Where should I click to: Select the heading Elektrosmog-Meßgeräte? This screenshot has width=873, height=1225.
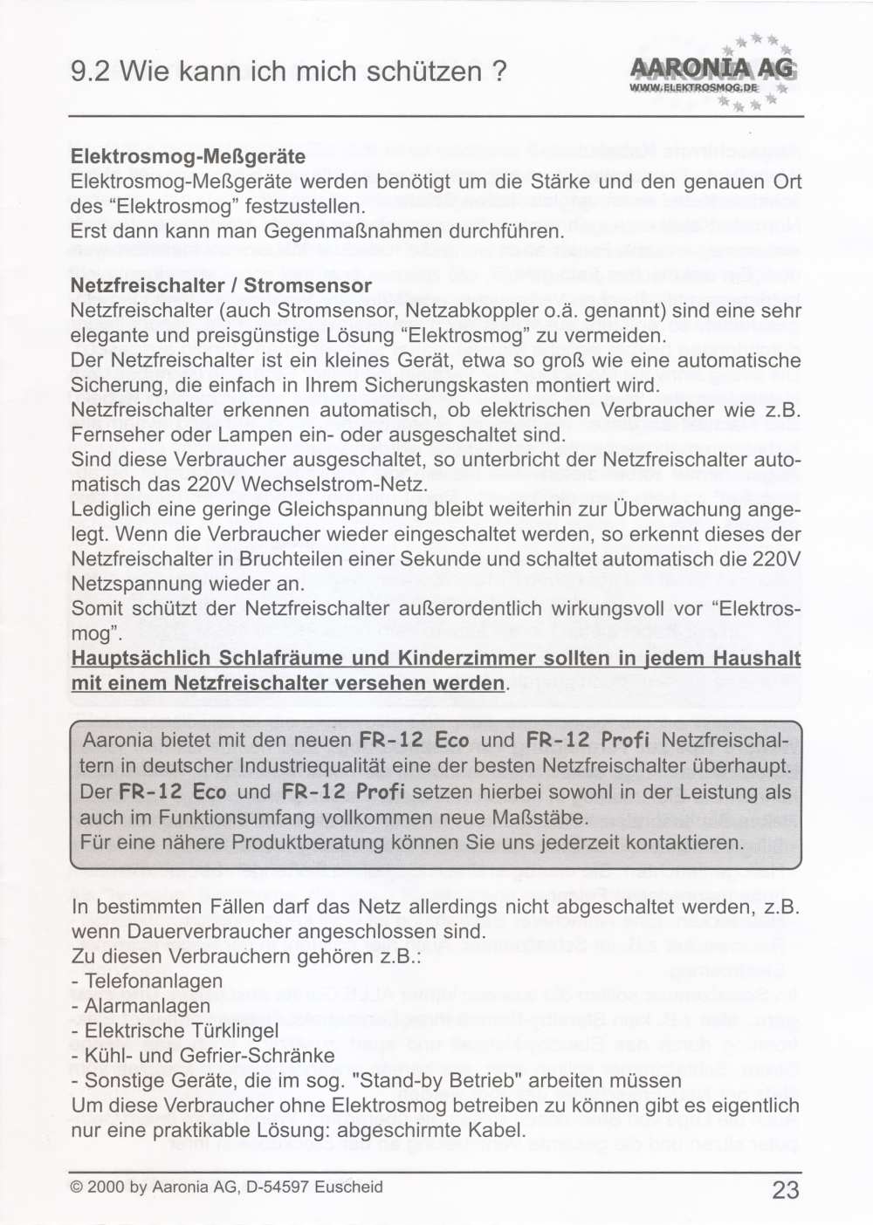click(x=188, y=157)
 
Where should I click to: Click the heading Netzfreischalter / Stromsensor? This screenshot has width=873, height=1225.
click(x=221, y=285)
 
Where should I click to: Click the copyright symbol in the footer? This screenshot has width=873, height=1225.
click(x=77, y=1187)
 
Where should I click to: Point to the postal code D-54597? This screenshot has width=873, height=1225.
click(x=278, y=1187)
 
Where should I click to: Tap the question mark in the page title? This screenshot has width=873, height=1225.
click(x=499, y=72)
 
